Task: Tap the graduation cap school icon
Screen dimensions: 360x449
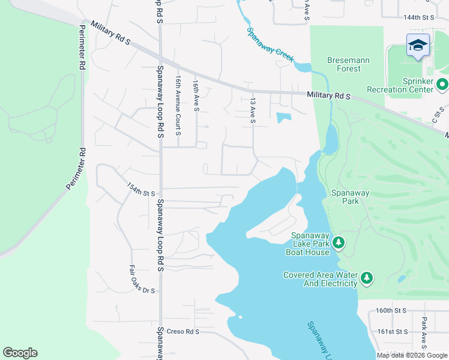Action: tap(418, 45)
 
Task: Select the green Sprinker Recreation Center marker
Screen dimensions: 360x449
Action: tap(442, 85)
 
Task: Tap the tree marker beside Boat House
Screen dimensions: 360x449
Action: tap(339, 242)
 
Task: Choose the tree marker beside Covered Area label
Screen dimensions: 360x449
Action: tap(366, 278)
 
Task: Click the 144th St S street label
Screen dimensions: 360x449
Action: tap(418, 18)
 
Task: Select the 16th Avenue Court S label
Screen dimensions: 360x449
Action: tap(178, 105)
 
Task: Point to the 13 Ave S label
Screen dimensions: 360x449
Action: tap(253, 112)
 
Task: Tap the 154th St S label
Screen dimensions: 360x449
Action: tap(141, 191)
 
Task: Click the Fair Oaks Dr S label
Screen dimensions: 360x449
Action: tap(142, 280)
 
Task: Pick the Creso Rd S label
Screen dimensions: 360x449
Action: tap(183, 332)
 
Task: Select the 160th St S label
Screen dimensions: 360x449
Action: tap(392, 311)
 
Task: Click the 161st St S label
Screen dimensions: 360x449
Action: tap(393, 331)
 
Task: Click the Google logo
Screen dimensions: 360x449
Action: tap(20, 353)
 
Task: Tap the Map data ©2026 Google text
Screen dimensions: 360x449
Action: tap(412, 355)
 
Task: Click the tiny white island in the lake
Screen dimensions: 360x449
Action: tap(240, 317)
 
